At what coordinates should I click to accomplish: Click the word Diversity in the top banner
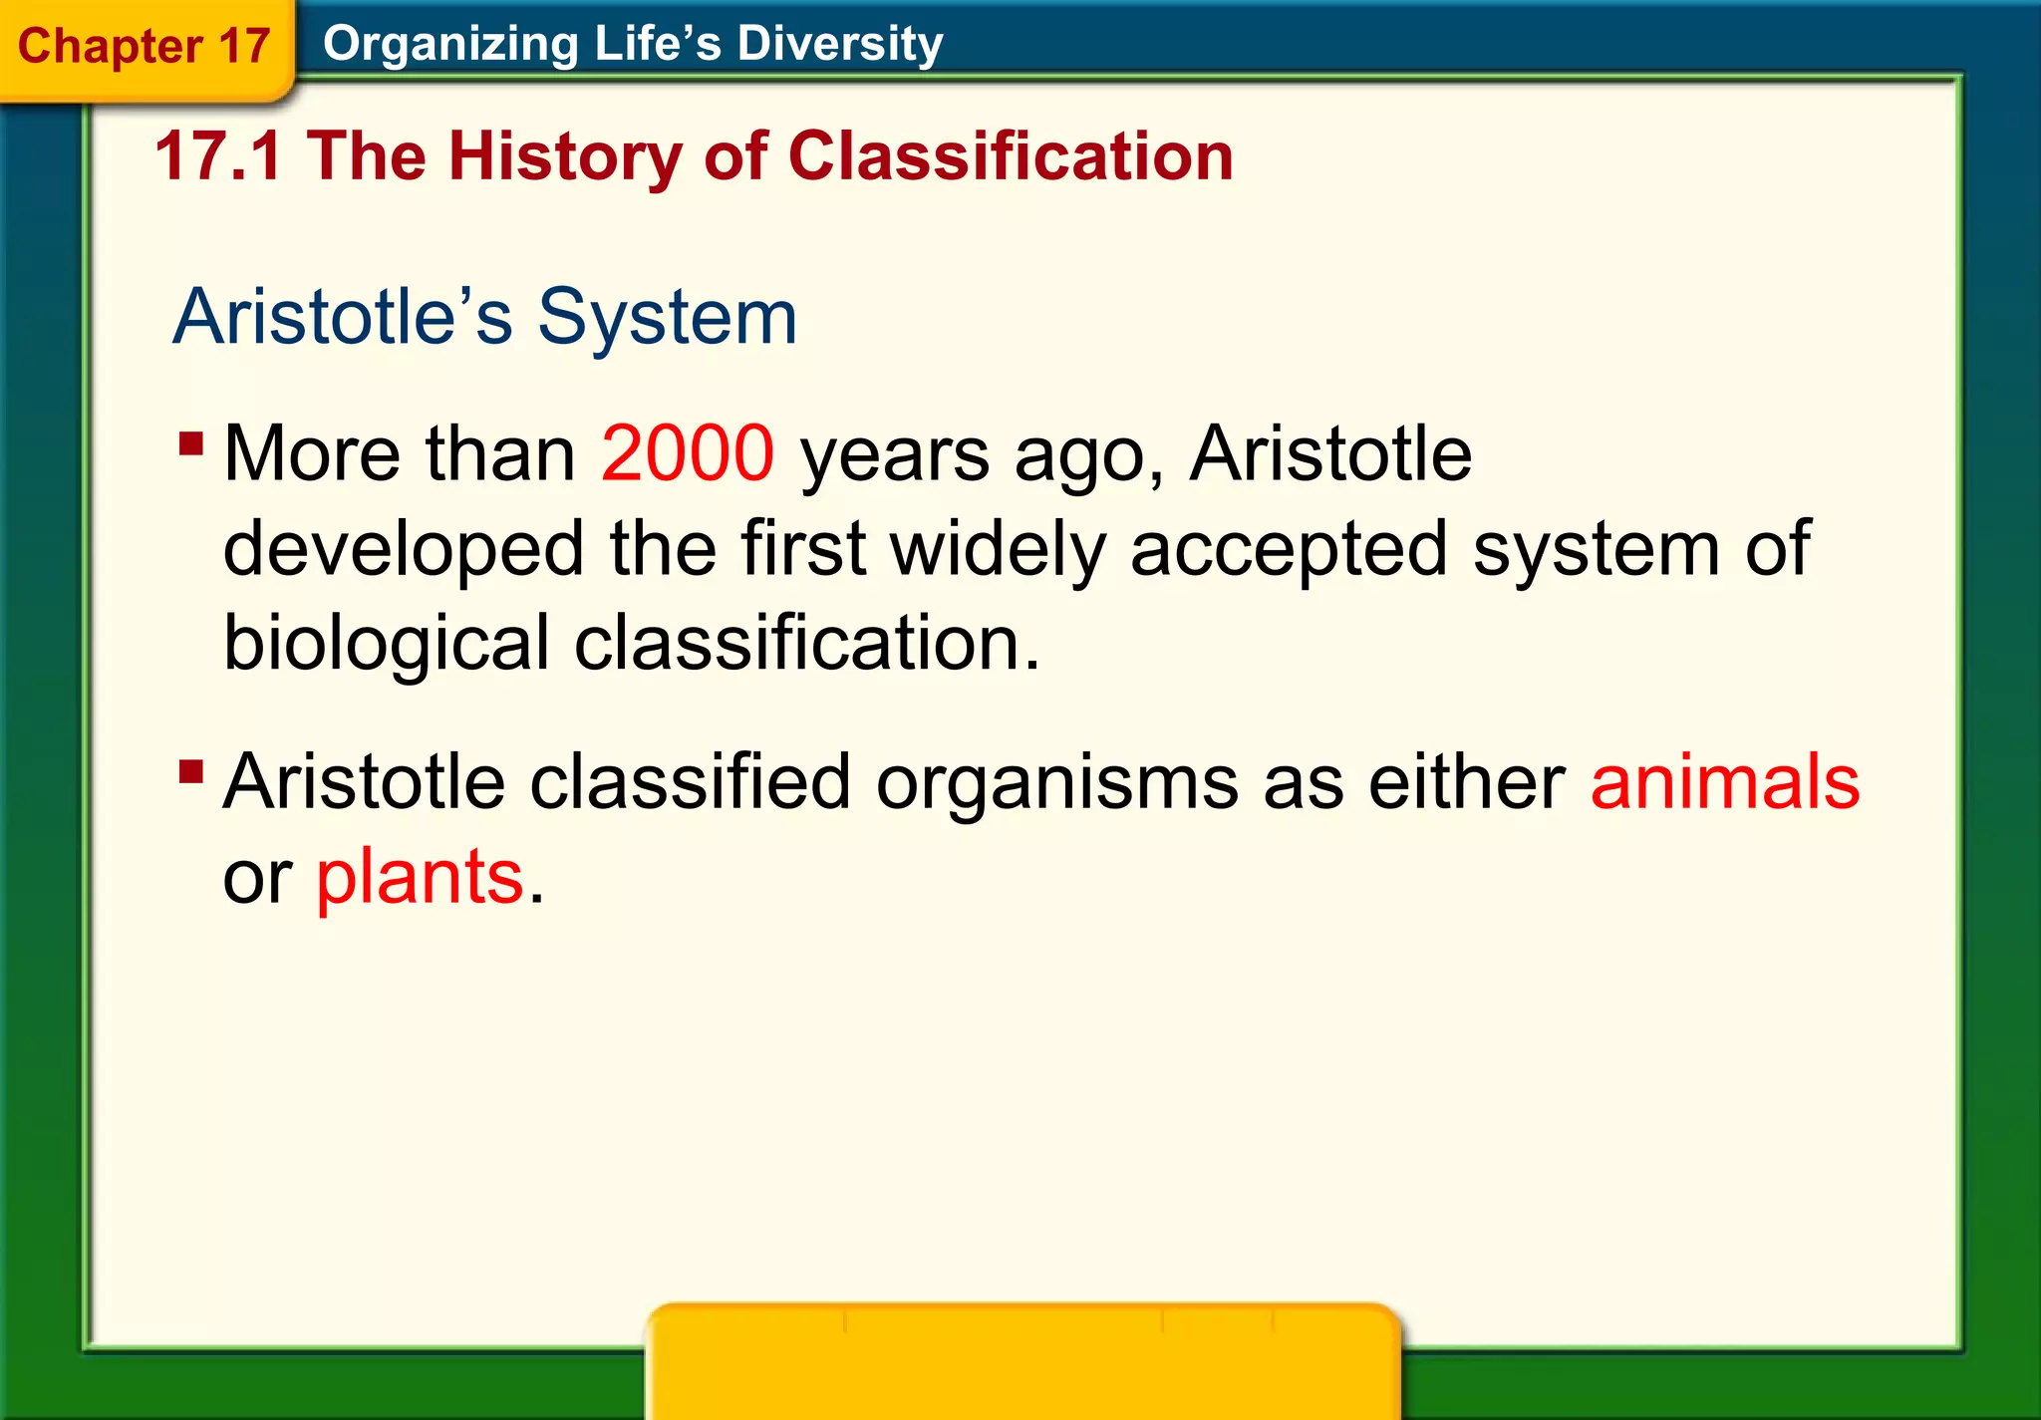tap(839, 44)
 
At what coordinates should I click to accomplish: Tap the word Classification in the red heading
tap(1011, 156)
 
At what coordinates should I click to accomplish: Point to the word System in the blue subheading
tap(667, 317)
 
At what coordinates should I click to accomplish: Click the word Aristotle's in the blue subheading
tap(343, 317)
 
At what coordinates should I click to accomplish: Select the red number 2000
tap(687, 453)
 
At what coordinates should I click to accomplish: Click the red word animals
tap(1724, 781)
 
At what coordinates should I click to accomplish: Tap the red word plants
tap(420, 877)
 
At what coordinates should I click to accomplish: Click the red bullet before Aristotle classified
tap(191, 771)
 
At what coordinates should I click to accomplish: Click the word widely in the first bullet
tap(998, 548)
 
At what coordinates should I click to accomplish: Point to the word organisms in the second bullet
tap(1057, 781)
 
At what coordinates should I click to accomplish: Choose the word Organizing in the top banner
tap(450, 45)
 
